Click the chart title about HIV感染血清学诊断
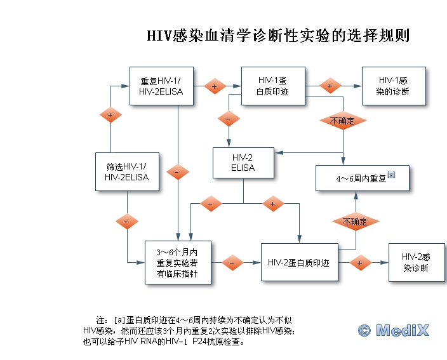click(278, 36)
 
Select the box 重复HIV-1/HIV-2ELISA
click(161, 86)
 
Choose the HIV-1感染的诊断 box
click(392, 86)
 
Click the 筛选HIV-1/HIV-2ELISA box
click(127, 171)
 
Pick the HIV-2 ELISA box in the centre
click(243, 163)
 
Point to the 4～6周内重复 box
click(363, 178)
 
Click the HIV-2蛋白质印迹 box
click(298, 262)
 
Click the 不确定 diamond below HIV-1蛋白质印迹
click(342, 120)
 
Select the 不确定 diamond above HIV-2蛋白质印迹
click(355, 221)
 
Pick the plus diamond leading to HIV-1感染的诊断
click(330, 86)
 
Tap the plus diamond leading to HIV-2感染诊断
click(359, 262)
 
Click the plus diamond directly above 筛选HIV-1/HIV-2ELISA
click(110, 115)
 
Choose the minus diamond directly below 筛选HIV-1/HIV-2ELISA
click(127, 221)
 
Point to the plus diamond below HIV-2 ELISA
click(273, 204)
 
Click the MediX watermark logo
click(394, 330)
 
